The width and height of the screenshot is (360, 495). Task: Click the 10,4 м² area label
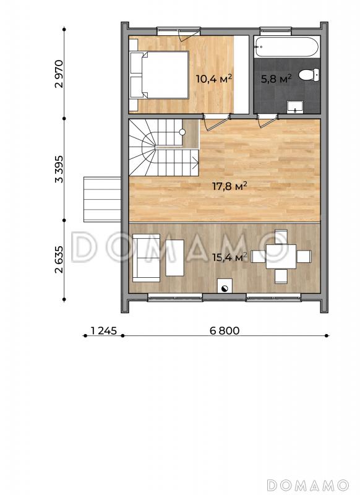coord(214,79)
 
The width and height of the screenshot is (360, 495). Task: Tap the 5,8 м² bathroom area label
coord(276,79)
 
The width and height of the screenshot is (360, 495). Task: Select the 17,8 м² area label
coord(229,186)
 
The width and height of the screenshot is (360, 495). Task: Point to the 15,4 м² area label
coord(229,257)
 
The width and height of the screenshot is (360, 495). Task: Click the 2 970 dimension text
coord(59,74)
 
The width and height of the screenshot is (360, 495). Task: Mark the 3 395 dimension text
coord(59,169)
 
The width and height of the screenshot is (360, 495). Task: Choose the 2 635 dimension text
coord(59,259)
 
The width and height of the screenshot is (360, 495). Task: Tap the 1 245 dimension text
coord(104,330)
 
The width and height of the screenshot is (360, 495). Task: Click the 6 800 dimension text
coord(225,330)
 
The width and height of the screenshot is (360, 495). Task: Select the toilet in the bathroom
coord(309,75)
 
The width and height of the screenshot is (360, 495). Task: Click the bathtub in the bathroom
coord(287,47)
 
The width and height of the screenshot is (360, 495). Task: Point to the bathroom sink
coord(295,106)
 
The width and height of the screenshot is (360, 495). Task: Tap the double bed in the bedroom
coord(159,75)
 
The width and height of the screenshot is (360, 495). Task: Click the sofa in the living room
coord(147,257)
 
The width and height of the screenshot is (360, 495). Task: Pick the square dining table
coord(281,257)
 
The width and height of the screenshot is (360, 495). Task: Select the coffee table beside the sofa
coord(175,258)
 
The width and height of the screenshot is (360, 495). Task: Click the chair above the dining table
coord(281,237)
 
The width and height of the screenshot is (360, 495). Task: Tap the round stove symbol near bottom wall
coord(225,288)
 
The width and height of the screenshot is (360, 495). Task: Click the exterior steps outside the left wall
coord(103,199)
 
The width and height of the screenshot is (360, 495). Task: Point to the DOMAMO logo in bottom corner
coord(307,485)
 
